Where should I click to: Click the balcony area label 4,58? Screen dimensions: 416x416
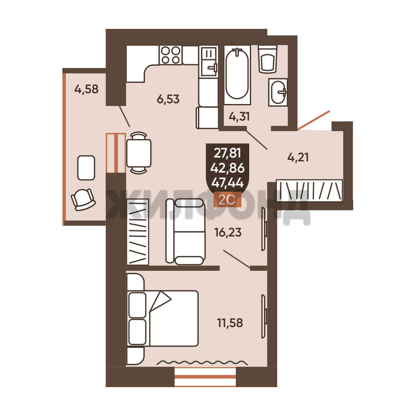click(87, 89)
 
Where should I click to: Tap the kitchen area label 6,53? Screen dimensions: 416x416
click(168, 99)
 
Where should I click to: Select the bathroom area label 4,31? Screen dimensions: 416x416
click(239, 116)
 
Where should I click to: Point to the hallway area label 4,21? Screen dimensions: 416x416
click(298, 157)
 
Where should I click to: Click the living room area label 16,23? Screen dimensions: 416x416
click(228, 232)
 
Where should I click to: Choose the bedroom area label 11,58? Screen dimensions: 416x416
click(230, 323)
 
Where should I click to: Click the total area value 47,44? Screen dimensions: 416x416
click(228, 183)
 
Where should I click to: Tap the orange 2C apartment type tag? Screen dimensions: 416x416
click(227, 200)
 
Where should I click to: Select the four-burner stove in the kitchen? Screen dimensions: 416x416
click(171, 55)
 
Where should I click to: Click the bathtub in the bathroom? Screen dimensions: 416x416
click(237, 75)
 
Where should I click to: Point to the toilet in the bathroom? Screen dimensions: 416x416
click(268, 59)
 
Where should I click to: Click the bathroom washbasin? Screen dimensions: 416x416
click(278, 92)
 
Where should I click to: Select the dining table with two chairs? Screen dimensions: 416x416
click(139, 153)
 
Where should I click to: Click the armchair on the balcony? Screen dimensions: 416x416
click(83, 199)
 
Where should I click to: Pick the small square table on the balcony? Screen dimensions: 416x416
click(86, 168)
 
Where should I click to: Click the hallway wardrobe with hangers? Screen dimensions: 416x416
click(309, 190)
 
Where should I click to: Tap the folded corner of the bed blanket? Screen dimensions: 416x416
click(160, 301)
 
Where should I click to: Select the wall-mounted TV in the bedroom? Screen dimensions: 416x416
click(264, 316)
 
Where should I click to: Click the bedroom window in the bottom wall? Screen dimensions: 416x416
click(205, 377)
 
